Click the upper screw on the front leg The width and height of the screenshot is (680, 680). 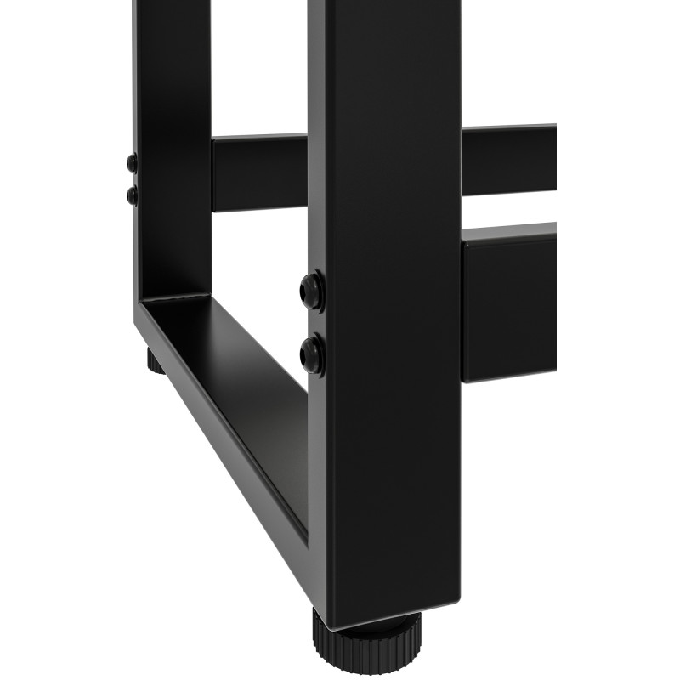click(313, 291)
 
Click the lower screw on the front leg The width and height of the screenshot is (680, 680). click(313, 354)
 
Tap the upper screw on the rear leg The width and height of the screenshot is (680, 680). click(131, 162)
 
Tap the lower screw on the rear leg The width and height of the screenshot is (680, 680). click(132, 195)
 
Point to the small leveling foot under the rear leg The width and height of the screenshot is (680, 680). click(154, 363)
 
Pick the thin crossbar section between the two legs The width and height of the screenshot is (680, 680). click(259, 173)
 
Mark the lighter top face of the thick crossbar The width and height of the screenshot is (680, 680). click(510, 230)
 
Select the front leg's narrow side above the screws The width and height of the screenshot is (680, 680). click(316, 127)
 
